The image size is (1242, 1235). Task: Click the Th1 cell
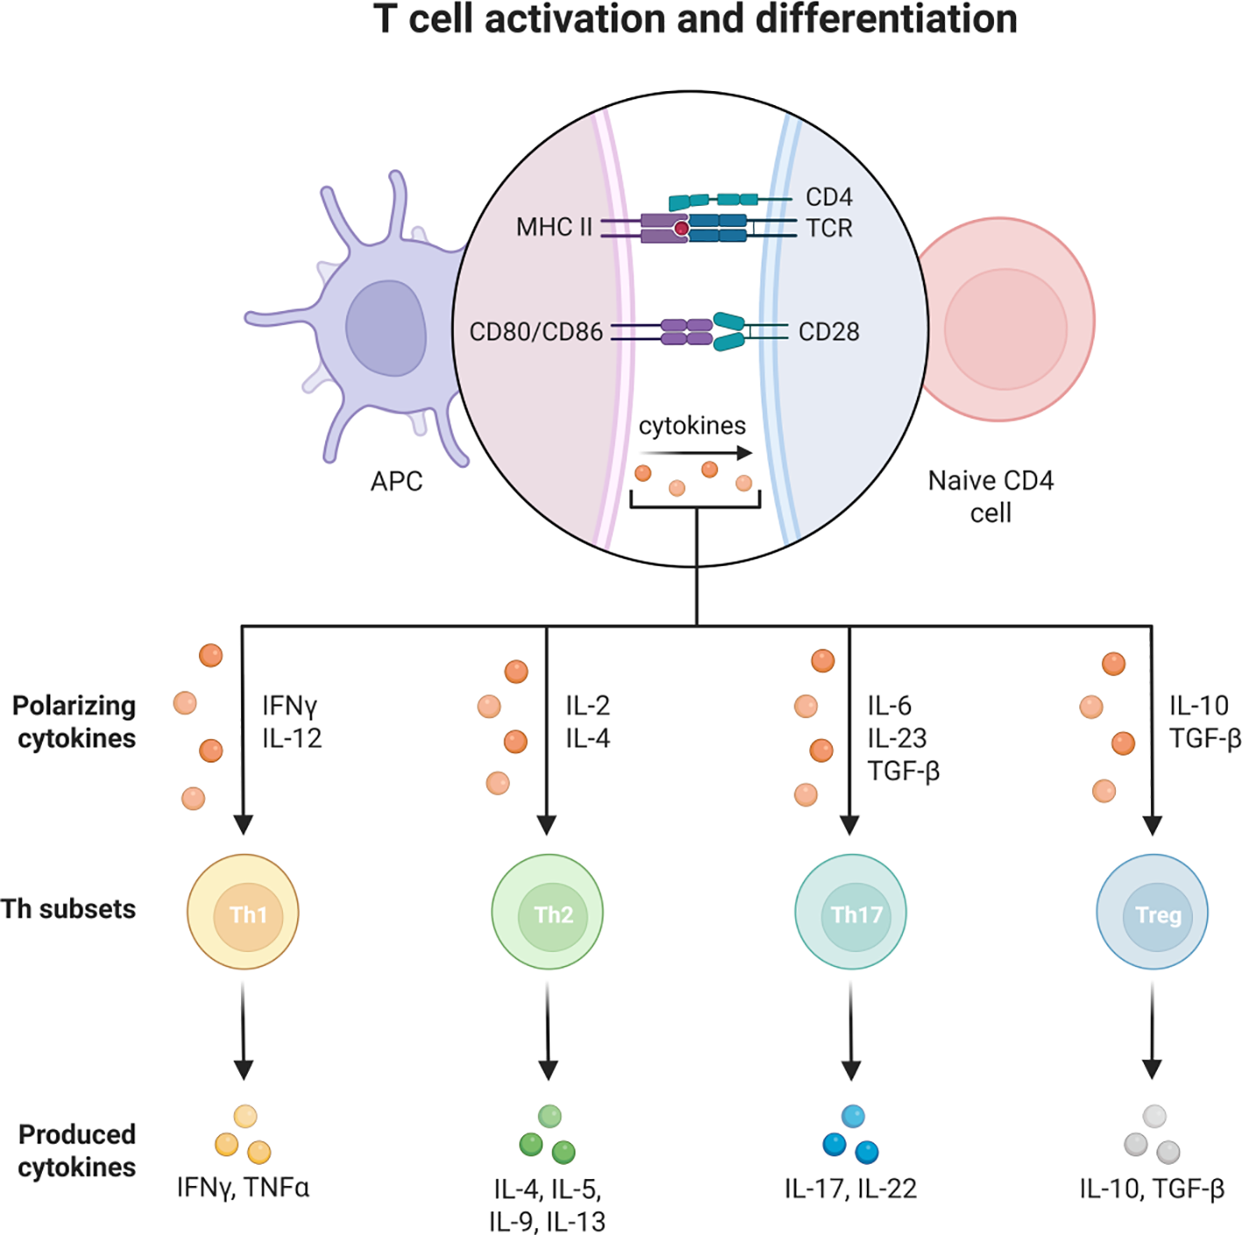pyautogui.click(x=243, y=912)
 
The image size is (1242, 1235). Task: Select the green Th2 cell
pyautogui.click(x=547, y=912)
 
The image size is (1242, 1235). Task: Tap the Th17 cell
pyautogui.click(x=850, y=912)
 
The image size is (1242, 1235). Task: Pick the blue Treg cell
pyautogui.click(x=1152, y=912)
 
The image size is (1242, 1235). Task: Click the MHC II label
pyautogui.click(x=554, y=228)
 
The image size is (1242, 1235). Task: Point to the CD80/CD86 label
pyautogui.click(x=536, y=332)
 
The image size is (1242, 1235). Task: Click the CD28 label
pyautogui.click(x=828, y=332)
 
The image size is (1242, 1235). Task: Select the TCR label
pyautogui.click(x=829, y=228)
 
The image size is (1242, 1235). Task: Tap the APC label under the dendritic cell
pyautogui.click(x=396, y=481)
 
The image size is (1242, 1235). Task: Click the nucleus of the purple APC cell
pyautogui.click(x=386, y=329)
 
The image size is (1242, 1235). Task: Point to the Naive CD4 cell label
pyautogui.click(x=990, y=496)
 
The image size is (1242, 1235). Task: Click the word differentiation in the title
pyautogui.click(x=886, y=19)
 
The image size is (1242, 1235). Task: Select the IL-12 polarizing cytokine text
pyautogui.click(x=292, y=739)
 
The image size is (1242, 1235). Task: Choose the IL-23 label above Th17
pyautogui.click(x=897, y=739)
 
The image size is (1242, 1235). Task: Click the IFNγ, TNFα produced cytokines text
pyautogui.click(x=243, y=1188)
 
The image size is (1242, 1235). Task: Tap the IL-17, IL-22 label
pyautogui.click(x=850, y=1189)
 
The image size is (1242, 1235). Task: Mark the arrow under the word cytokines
pyautogui.click(x=695, y=453)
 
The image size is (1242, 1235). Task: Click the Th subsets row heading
pyautogui.click(x=68, y=909)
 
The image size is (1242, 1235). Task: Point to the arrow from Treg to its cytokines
pyautogui.click(x=1152, y=1030)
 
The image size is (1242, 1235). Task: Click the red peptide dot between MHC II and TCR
pyautogui.click(x=681, y=229)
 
